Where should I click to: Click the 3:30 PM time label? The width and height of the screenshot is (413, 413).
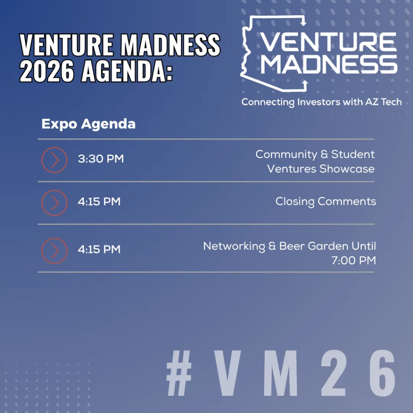point(101,159)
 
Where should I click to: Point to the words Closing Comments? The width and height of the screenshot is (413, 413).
point(326,202)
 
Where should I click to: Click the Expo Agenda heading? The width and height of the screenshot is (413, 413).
point(89,124)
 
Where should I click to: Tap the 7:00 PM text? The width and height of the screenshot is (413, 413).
point(354,261)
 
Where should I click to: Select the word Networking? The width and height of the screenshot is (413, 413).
point(234,247)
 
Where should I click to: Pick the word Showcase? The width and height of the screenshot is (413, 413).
point(347,169)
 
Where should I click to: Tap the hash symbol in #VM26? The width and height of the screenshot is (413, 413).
point(179,373)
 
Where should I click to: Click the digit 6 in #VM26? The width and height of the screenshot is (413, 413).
point(383,373)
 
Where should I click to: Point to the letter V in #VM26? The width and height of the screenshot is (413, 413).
point(227,373)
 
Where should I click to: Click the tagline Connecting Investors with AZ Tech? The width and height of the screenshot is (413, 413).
point(322,102)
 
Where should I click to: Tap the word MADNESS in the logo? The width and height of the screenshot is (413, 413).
point(329,64)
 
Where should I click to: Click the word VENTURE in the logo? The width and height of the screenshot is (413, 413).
point(328,42)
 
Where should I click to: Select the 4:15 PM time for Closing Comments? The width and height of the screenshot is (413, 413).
point(99,202)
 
